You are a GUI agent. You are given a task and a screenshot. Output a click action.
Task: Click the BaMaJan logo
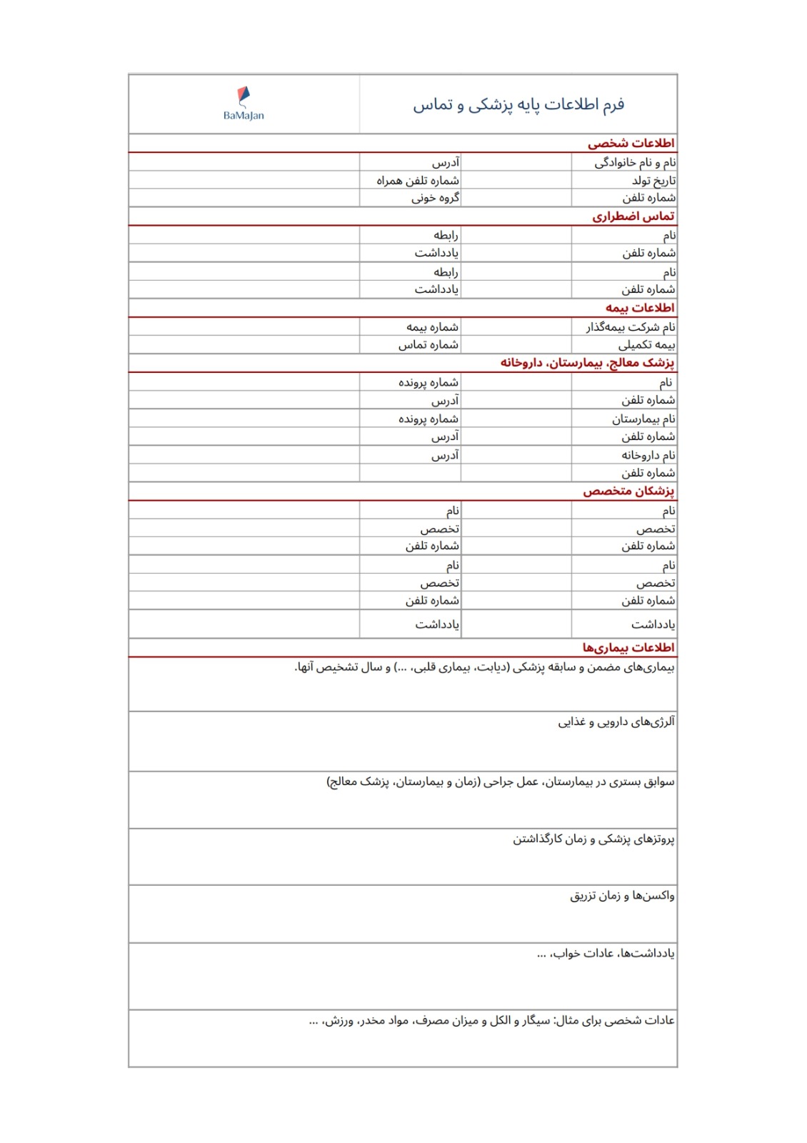point(244,104)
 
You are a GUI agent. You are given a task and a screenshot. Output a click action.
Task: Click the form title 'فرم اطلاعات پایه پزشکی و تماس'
point(518,104)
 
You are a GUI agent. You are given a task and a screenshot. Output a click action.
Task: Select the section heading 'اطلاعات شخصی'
point(631,144)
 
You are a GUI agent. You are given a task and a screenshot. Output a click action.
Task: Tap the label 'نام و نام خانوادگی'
point(635,163)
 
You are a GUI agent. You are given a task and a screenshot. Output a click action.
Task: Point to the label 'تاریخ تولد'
point(653,181)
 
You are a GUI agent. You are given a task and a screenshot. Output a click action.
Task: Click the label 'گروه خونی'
point(435,198)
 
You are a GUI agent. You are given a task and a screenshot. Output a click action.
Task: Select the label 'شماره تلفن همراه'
point(418,181)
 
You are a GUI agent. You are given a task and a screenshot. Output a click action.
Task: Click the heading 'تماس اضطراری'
point(633,216)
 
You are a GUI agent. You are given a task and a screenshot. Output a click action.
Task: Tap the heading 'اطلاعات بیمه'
point(640,308)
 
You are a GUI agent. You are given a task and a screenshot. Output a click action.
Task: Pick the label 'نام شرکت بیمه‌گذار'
point(631,327)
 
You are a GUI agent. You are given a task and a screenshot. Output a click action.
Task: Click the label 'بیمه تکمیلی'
point(646,345)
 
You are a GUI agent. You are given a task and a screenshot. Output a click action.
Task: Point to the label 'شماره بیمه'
point(432,327)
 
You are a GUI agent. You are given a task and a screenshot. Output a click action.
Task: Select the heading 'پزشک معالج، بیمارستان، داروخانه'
point(586,363)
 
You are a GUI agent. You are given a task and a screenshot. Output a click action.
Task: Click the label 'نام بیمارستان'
point(643,419)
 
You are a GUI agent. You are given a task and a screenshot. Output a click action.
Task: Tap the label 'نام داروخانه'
point(648,455)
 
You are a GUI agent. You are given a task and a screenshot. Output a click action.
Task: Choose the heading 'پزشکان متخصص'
point(628,491)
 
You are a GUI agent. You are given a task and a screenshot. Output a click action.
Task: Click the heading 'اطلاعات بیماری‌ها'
point(628,648)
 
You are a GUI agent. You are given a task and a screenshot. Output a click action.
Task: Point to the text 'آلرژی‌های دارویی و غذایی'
point(616,722)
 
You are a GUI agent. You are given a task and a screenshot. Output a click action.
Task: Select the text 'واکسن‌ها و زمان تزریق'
point(621,896)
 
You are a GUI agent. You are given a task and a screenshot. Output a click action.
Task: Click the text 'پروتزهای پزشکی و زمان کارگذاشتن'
point(593,839)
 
